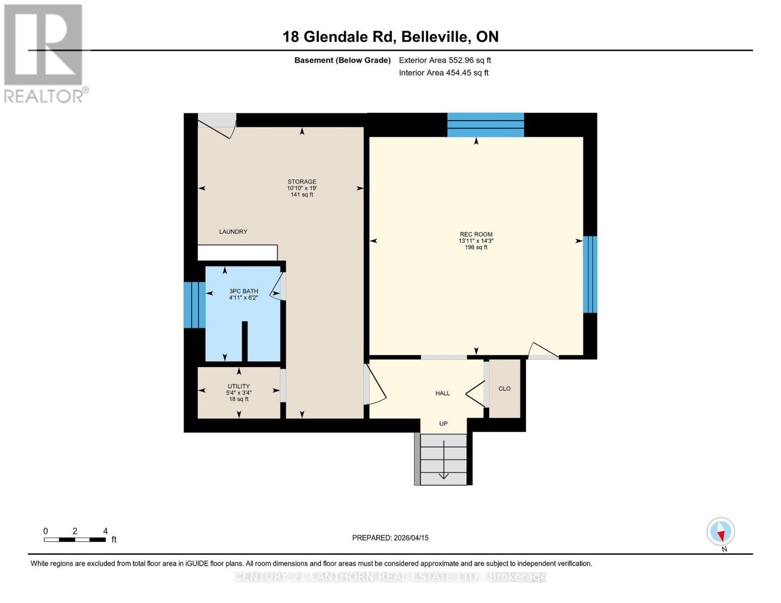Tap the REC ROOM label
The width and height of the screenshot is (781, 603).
tap(476, 235)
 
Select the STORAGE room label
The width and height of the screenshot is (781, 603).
tap(302, 182)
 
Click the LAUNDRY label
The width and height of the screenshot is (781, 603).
tap(233, 232)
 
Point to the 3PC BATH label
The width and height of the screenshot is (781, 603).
tap(243, 291)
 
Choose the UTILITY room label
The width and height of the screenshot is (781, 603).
tap(238, 386)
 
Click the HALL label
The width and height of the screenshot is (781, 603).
tap(443, 393)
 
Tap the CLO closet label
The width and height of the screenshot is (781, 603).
tap(504, 388)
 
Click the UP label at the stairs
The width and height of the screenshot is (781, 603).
tap(443, 424)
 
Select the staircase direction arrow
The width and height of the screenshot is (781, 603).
tap(444, 460)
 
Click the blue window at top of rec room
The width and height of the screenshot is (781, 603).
tap(485, 125)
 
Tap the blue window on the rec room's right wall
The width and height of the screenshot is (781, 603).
tap(590, 274)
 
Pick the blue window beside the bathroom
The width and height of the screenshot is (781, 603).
tap(194, 305)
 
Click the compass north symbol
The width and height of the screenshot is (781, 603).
tap(721, 532)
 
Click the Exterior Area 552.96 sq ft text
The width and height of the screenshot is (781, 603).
tap(445, 60)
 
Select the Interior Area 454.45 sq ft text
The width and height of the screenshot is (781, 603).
tap(444, 73)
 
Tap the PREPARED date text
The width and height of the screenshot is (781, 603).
tap(390, 538)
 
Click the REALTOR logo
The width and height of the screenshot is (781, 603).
tap(44, 53)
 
